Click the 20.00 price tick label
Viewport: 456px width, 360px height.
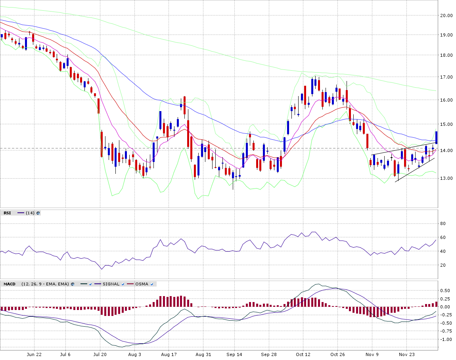point(446,15)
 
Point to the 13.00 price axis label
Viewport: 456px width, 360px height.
point(446,178)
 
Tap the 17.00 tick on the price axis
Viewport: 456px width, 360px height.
point(446,77)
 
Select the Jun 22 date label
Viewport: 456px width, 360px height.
point(34,354)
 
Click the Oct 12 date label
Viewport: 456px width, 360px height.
point(303,354)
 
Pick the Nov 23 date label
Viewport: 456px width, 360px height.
point(406,354)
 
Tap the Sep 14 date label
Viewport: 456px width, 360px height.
point(234,354)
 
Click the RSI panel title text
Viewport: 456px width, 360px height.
point(7,213)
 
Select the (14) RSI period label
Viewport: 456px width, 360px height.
point(30,213)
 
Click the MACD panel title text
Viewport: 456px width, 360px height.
point(10,284)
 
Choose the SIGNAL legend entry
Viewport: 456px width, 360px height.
point(111,284)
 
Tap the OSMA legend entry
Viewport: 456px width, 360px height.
point(142,284)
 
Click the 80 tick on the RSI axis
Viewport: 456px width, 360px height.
point(443,223)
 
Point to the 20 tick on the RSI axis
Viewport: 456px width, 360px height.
point(443,265)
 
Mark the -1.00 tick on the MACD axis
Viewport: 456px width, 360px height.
point(446,339)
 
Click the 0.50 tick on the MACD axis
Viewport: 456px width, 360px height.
point(445,291)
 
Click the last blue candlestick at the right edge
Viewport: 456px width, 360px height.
point(436,137)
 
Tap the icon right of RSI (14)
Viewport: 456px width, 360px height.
point(38,213)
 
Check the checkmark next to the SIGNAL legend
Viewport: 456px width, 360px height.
point(123,284)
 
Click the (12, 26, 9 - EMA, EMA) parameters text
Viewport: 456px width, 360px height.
point(45,284)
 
